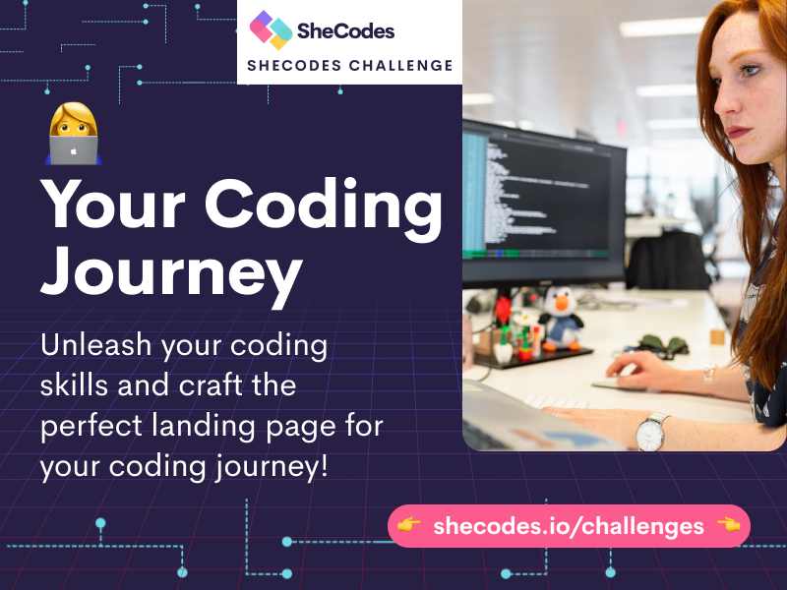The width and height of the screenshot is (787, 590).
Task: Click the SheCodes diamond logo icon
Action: click(x=272, y=30)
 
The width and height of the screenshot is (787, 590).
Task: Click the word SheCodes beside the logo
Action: click(x=346, y=31)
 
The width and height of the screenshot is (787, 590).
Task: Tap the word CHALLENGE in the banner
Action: click(x=401, y=66)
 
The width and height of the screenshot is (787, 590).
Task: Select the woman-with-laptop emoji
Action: click(x=73, y=134)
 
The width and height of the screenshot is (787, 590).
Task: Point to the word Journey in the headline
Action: click(x=171, y=273)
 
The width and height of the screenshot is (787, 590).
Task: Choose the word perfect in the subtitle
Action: click(x=91, y=426)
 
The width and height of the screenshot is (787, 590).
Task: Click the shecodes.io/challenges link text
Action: click(x=569, y=526)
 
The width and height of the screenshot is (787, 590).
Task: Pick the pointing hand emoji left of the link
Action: click(x=409, y=525)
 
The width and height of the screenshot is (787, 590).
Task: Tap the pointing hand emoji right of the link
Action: click(x=729, y=525)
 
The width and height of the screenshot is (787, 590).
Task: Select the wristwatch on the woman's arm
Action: click(x=651, y=432)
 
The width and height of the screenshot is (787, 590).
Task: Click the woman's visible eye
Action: click(x=750, y=70)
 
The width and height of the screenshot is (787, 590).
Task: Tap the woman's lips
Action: click(x=737, y=133)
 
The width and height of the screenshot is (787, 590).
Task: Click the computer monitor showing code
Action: click(x=544, y=201)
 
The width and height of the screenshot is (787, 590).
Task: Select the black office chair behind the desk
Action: click(x=668, y=261)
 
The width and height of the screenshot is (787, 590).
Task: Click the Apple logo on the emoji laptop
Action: click(x=73, y=151)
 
